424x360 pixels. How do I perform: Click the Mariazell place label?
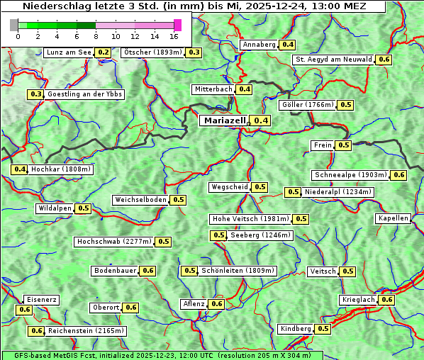[225, 120]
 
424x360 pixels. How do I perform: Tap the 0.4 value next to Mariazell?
[262, 120]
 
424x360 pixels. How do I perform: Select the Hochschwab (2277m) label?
[114, 242]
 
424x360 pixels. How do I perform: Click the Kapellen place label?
[394, 218]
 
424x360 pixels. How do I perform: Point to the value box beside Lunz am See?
[104, 52]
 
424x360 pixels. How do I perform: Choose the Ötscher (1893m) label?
[152, 52]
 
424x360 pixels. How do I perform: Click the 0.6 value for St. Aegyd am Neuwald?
[384, 60]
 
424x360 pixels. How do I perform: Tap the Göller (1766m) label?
[307, 105]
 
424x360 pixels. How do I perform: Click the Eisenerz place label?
[41, 300]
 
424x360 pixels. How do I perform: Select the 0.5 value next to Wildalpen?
[84, 208]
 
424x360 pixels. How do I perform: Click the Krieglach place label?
[358, 300]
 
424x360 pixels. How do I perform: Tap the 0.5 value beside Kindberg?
[323, 329]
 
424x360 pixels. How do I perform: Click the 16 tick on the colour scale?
[174, 36]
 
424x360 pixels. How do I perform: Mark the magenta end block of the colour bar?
[177, 25]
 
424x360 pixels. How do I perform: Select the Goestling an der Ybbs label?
[85, 94]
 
